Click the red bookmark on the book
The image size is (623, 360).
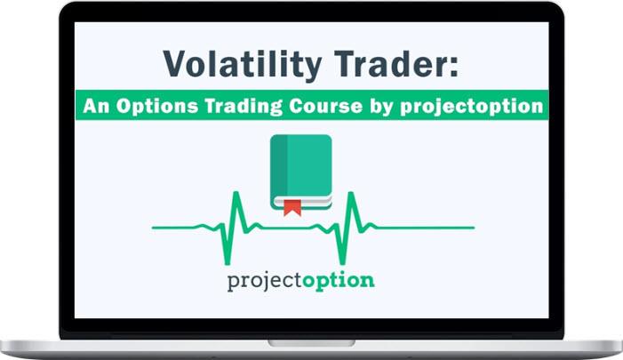(x=292, y=208)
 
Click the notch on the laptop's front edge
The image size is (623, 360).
(x=311, y=341)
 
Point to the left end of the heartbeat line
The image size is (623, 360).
(x=153, y=228)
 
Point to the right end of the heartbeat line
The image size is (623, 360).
(x=474, y=228)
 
